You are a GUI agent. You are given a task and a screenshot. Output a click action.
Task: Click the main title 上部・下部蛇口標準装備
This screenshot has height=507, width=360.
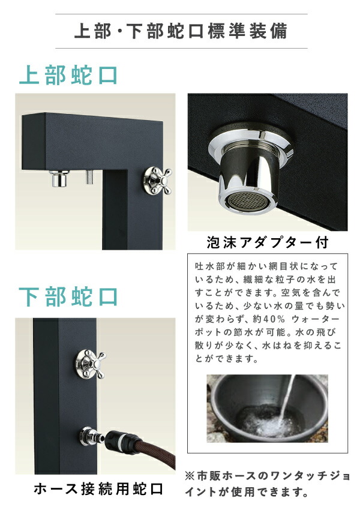pos(180,31)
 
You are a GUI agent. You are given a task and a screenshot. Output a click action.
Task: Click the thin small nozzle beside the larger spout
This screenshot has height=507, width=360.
pos(89,178)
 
